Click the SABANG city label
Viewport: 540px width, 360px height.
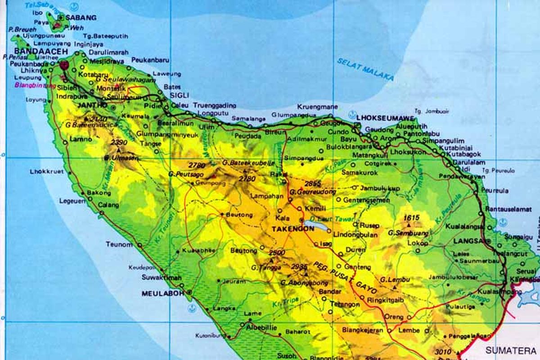81,18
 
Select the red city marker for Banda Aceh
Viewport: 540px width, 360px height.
64,64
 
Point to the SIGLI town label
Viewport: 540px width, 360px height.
180,95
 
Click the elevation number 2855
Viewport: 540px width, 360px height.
313,184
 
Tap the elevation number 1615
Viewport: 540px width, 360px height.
412,218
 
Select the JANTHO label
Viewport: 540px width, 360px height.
93,105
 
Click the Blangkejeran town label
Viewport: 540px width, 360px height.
362,330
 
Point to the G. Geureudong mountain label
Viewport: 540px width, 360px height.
313,192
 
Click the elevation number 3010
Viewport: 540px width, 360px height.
444,351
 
